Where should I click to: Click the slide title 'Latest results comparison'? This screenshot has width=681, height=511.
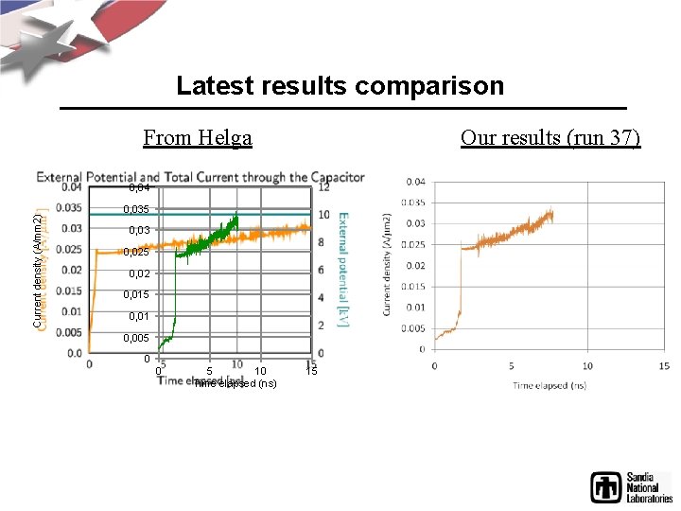pos(340,86)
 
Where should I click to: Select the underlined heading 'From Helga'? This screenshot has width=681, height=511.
pos(198,138)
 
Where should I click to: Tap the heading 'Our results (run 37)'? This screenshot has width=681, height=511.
pos(550,138)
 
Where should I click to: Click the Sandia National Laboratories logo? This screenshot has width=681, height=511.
pos(631,486)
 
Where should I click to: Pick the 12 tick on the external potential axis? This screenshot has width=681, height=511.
pos(323,187)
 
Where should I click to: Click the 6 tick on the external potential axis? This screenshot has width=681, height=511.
pos(323,270)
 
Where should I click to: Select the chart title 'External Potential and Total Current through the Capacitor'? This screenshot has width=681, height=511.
pos(200,176)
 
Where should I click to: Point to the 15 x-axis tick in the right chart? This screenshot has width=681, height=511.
pos(665,366)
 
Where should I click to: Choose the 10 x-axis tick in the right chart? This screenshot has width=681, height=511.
pos(587,366)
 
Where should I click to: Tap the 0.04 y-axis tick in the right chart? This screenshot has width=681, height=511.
pos(415,182)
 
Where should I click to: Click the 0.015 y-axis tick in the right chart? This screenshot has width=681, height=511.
pos(415,286)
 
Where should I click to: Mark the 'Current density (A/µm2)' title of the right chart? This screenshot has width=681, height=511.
pos(389,264)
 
